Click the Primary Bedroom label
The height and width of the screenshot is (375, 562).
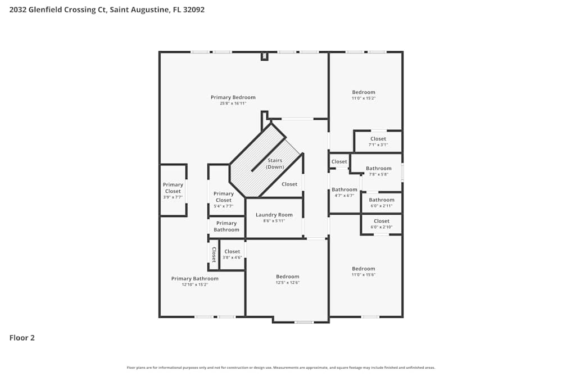(x=233, y=97)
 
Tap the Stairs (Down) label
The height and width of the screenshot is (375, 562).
(x=275, y=164)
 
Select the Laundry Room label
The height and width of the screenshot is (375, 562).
(x=274, y=215)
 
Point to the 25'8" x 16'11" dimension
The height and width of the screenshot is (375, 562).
(x=233, y=103)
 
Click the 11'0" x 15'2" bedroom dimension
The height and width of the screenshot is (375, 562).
(x=364, y=98)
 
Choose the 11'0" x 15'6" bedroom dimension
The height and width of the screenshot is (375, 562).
(x=364, y=274)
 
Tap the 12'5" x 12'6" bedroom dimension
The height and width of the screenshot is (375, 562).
(x=287, y=282)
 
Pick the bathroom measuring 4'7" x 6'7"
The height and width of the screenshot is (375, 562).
(x=344, y=192)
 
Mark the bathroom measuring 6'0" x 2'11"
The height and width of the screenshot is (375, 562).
(x=382, y=202)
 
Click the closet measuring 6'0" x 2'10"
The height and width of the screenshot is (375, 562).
(x=382, y=224)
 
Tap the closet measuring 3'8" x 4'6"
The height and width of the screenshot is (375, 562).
(x=232, y=254)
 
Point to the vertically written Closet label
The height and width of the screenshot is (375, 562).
(x=214, y=255)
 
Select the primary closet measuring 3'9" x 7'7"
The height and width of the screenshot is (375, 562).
(x=173, y=191)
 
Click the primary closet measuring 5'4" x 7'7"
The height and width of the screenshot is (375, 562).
(x=224, y=200)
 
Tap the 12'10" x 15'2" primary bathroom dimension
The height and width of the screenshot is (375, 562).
(x=194, y=284)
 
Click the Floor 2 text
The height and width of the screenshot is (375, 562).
(x=22, y=338)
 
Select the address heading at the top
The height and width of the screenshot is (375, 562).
(x=102, y=10)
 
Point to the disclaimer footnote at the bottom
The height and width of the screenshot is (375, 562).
(x=281, y=368)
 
